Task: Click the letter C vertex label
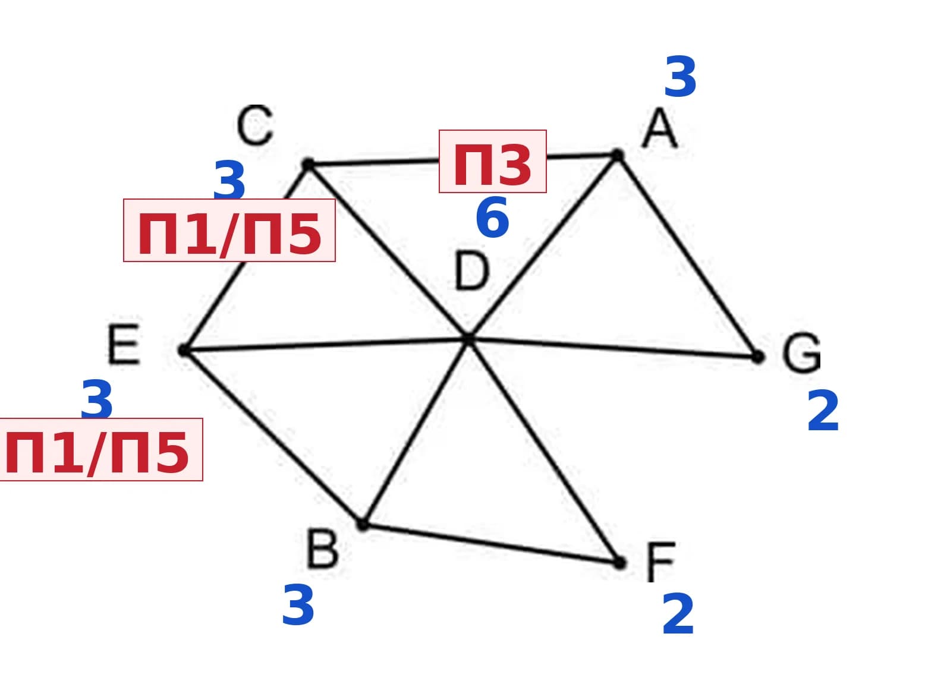pyautogui.click(x=254, y=125)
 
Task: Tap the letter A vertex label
pyautogui.click(x=659, y=128)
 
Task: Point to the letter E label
pyautogui.click(x=124, y=344)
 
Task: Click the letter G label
pyautogui.click(x=801, y=352)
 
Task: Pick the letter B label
pyautogui.click(x=322, y=548)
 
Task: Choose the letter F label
pyautogui.click(x=660, y=562)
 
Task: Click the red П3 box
pyautogui.click(x=493, y=161)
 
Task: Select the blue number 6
pyautogui.click(x=492, y=217)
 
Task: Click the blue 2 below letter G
pyautogui.click(x=823, y=411)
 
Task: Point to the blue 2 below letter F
pyautogui.click(x=678, y=614)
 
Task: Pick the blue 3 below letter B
pyautogui.click(x=298, y=605)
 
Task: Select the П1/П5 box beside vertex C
pyautogui.click(x=229, y=230)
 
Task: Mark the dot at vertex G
pyautogui.click(x=758, y=357)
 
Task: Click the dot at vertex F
pyautogui.click(x=619, y=563)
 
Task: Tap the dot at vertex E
pyautogui.click(x=183, y=350)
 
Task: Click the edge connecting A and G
pyautogui.click(x=688, y=256)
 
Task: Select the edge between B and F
pyautogui.click(x=491, y=544)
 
